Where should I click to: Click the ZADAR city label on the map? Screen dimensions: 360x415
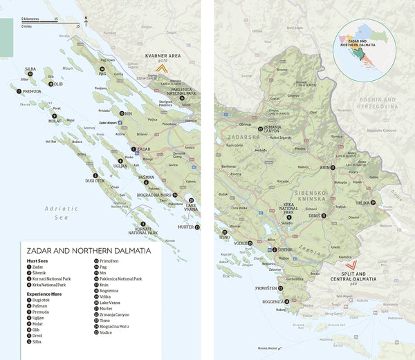pos(144,149)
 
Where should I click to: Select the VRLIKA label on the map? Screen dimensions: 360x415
pos(362,202)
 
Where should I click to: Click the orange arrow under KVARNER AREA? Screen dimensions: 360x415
pos(162,68)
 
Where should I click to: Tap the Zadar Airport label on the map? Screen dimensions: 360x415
pos(109,122)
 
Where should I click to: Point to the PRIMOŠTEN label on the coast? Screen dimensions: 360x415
pos(266,288)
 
